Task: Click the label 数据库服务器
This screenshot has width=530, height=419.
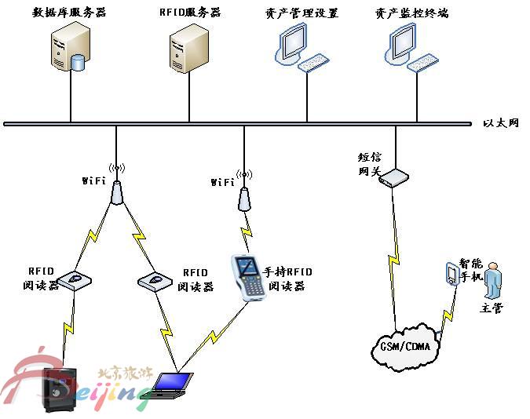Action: [68, 13]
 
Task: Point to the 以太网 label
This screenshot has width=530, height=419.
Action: [501, 123]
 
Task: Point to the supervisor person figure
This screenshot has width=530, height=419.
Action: [492, 279]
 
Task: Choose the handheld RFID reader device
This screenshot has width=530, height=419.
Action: [247, 275]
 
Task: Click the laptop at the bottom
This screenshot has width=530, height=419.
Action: [170, 384]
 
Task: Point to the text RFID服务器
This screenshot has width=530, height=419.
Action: [190, 13]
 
